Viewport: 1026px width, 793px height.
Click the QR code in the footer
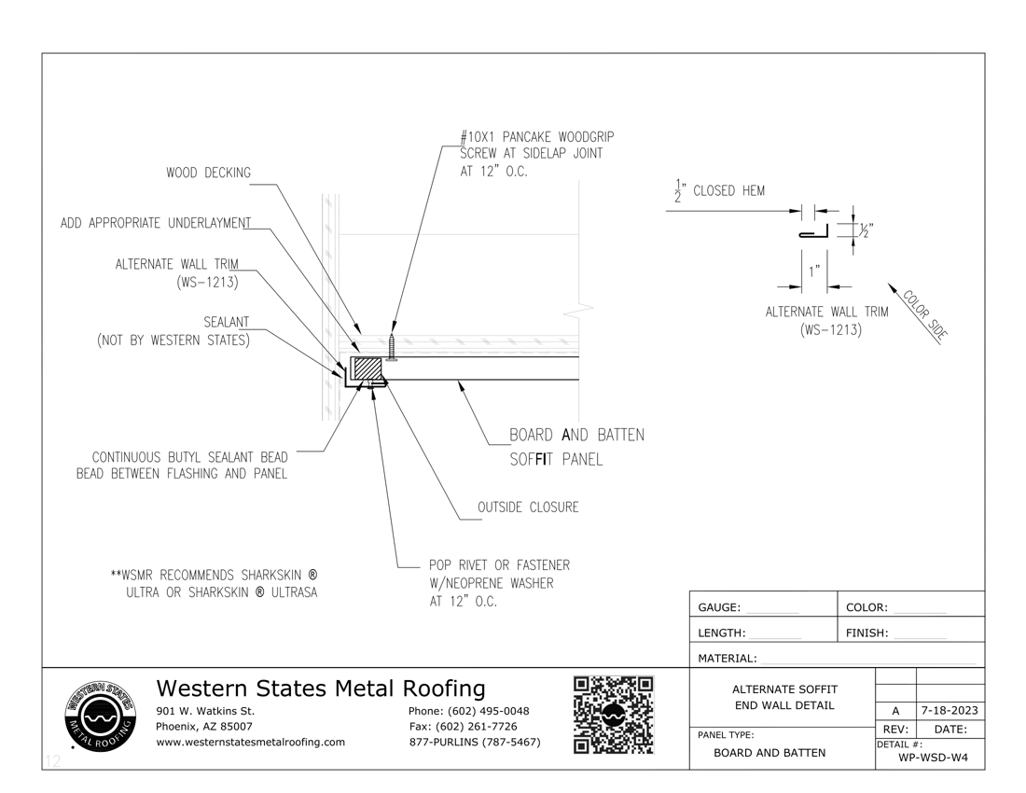(613, 715)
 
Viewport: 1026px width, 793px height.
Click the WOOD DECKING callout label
(208, 173)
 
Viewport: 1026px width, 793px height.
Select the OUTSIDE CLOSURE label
(528, 508)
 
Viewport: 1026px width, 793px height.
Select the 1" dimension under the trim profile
(815, 271)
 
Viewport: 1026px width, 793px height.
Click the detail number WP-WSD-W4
(933, 757)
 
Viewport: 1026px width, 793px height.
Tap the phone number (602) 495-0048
(469, 711)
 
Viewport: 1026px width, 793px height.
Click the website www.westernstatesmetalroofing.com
(250, 742)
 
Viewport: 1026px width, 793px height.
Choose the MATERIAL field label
(728, 659)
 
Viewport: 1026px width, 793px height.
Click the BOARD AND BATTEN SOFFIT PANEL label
(576, 447)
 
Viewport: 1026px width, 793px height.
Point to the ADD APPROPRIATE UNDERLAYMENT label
(156, 223)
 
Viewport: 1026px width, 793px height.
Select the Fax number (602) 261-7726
(464, 727)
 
